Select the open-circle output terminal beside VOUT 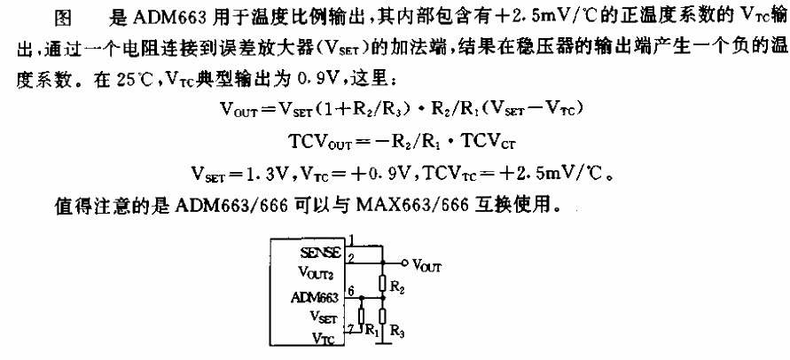[406, 263]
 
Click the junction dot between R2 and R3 [382, 299]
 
